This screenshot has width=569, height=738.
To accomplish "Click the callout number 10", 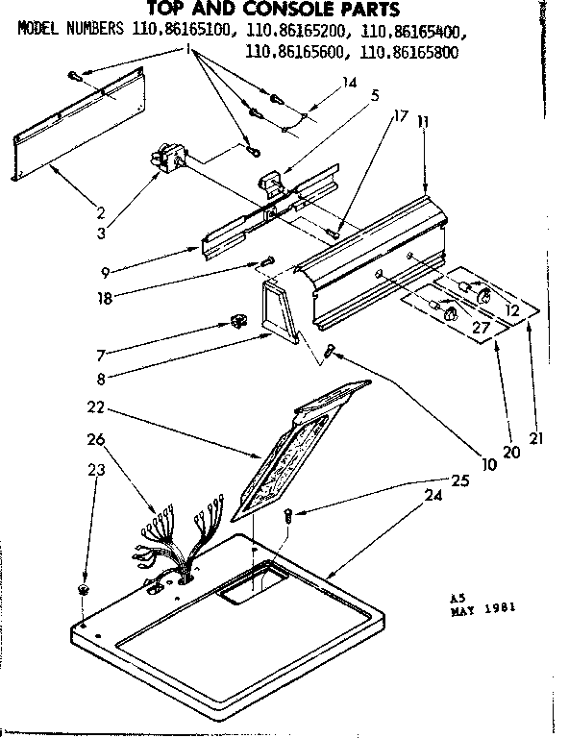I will (489, 465).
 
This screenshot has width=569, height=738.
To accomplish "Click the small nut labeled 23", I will (84, 587).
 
